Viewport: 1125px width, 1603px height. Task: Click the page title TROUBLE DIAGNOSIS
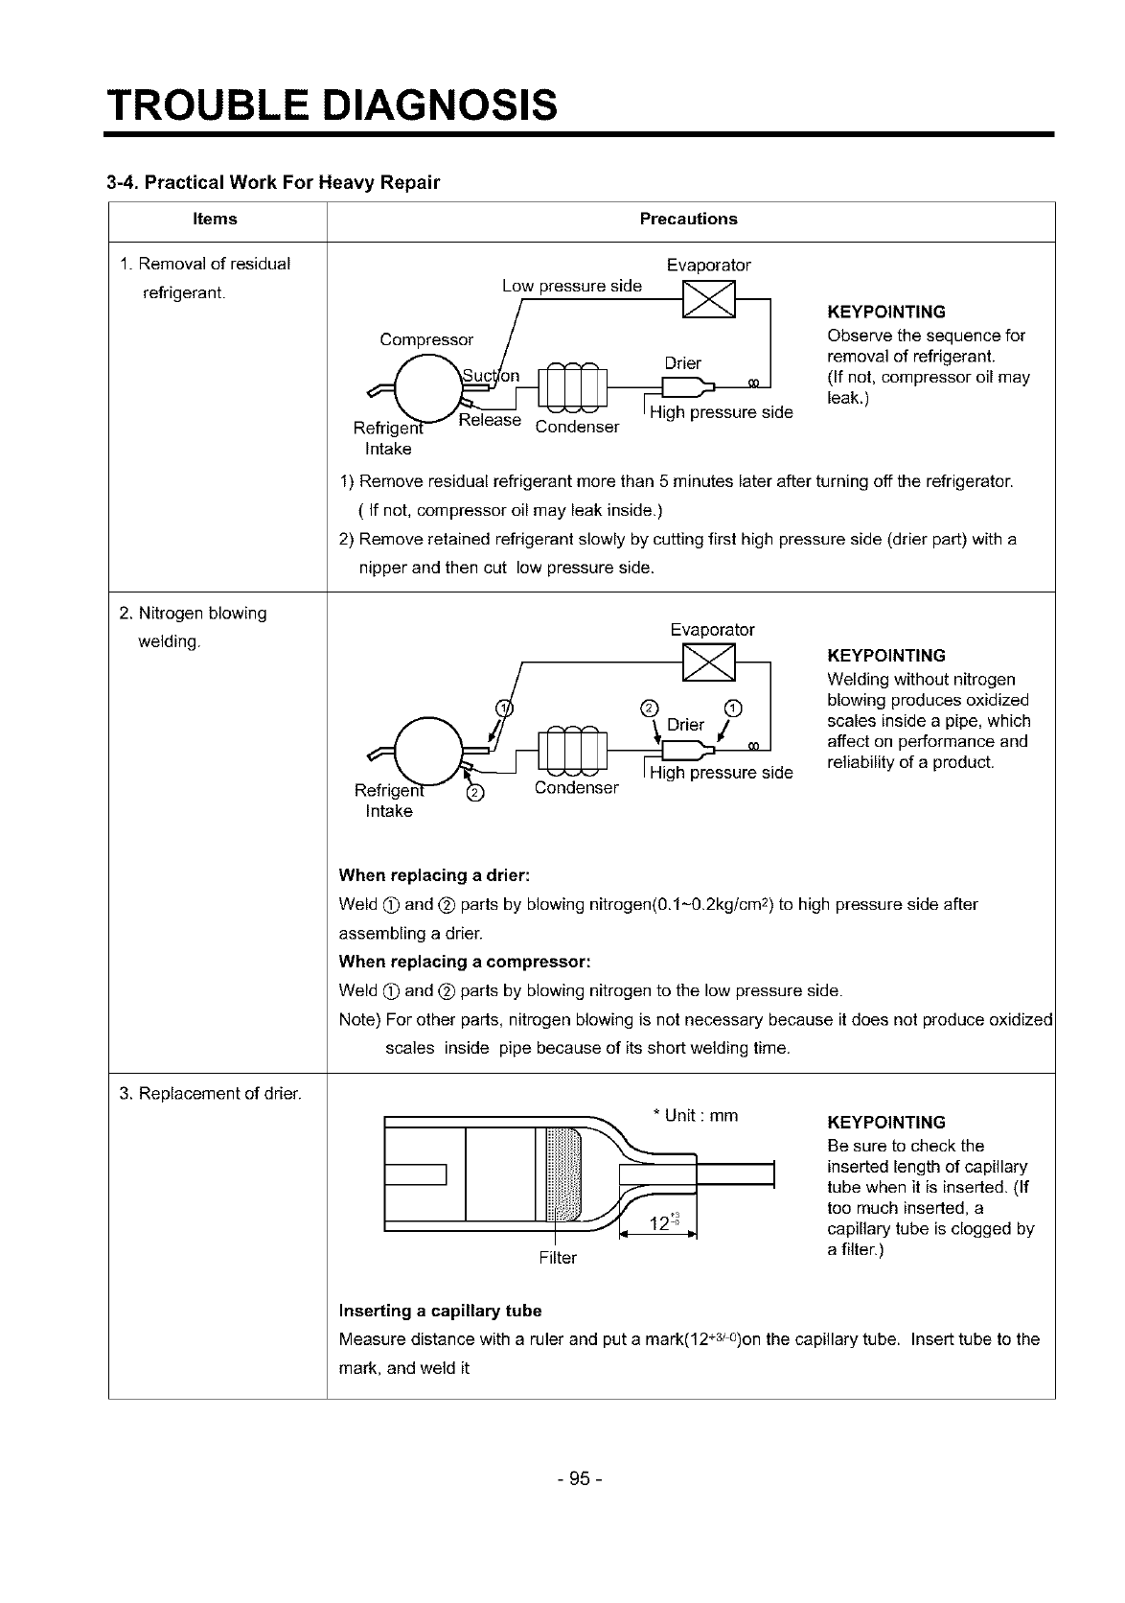pyautogui.click(x=332, y=104)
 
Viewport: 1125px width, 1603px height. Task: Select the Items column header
pyautogui.click(x=215, y=219)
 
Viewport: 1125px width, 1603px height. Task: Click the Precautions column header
pyautogui.click(x=688, y=219)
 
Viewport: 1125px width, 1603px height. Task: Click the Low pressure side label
pyautogui.click(x=572, y=286)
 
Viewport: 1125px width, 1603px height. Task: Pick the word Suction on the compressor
pyautogui.click(x=491, y=376)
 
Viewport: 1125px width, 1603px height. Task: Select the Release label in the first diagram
pyautogui.click(x=490, y=420)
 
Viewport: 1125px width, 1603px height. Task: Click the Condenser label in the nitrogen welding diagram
pyautogui.click(x=576, y=787)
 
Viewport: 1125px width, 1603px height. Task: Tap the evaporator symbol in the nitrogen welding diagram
pyautogui.click(x=707, y=662)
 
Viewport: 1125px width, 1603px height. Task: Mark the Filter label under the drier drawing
pyautogui.click(x=558, y=1257)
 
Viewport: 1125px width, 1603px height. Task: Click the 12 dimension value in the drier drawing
pyautogui.click(x=658, y=1224)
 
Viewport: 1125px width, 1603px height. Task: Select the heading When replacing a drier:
pyautogui.click(x=434, y=875)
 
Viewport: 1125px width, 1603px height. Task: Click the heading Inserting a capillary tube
pyautogui.click(x=440, y=1311)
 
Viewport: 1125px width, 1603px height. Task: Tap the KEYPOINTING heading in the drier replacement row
pyautogui.click(x=885, y=1122)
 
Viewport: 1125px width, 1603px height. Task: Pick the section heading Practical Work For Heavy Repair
pyautogui.click(x=273, y=182)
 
